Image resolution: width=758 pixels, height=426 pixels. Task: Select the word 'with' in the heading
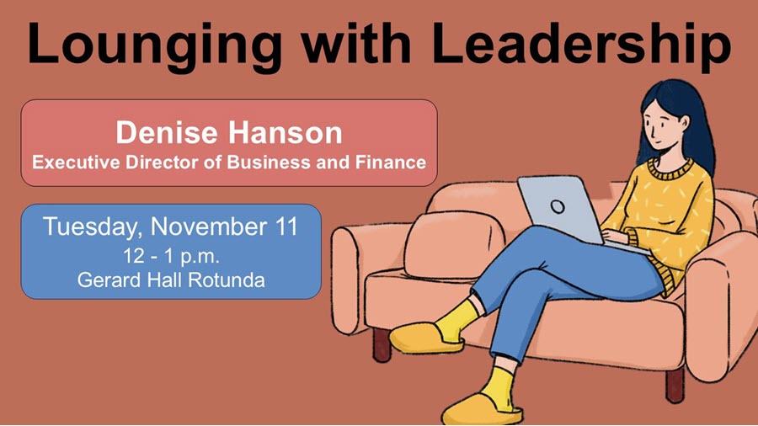(x=356, y=44)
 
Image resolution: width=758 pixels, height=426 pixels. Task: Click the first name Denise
(x=168, y=132)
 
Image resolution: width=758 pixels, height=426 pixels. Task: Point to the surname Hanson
(x=286, y=132)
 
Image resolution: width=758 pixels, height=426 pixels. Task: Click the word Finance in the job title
(x=391, y=162)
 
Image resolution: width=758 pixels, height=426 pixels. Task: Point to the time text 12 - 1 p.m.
(x=171, y=256)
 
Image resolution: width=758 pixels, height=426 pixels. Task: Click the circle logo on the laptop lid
(x=558, y=207)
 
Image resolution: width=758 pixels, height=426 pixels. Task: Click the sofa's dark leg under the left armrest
(x=382, y=344)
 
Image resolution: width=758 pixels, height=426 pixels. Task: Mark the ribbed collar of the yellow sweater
(x=672, y=169)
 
